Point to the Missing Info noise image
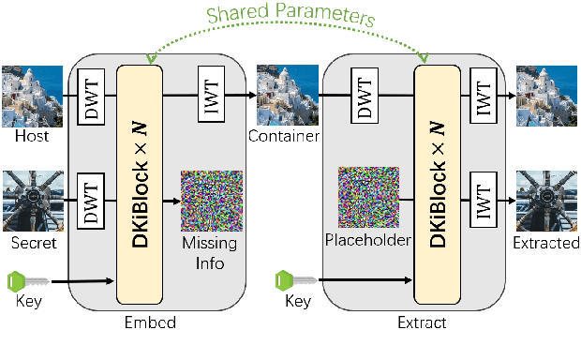coord(211,201)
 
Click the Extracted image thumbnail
coord(546,201)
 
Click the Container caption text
coord(283,138)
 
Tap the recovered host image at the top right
coord(546,96)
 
